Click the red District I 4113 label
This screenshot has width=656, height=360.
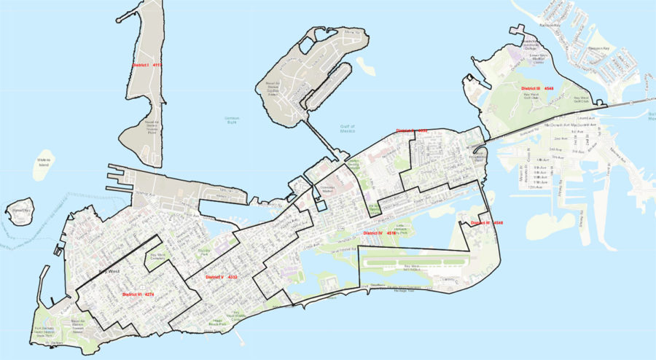pos(147,65)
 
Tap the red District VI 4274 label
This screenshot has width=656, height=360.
pos(138,294)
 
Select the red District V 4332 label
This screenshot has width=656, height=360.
pos(222,278)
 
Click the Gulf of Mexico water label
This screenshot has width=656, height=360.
pos(351,129)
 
